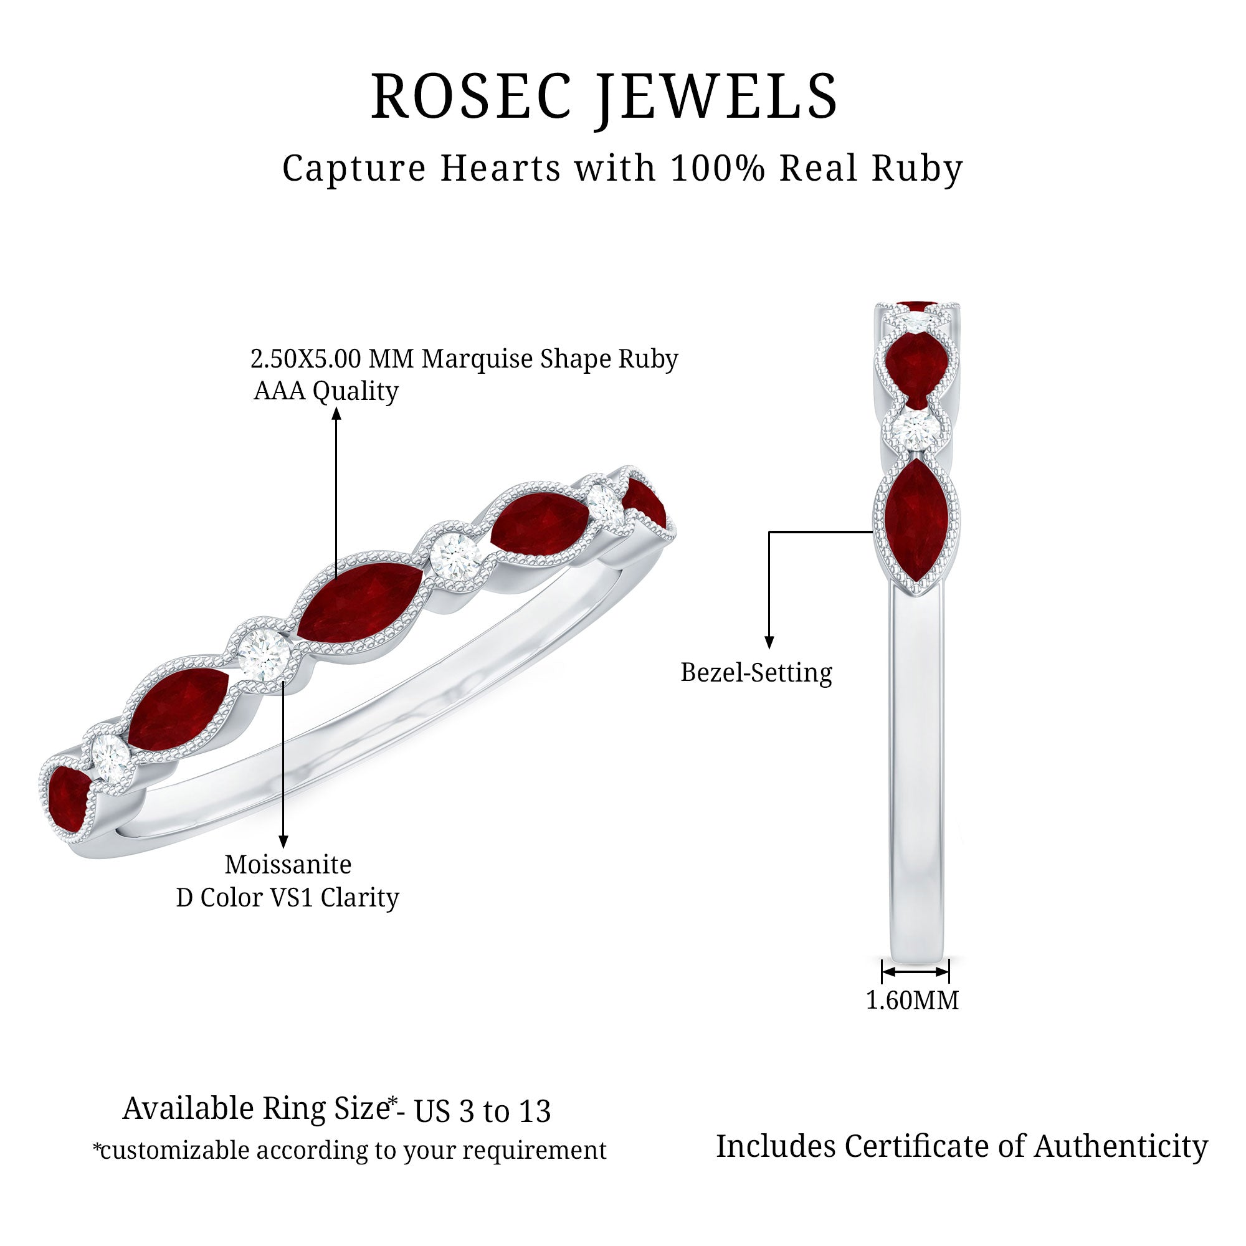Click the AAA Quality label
(326, 391)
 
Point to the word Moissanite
(288, 864)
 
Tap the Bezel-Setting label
(756, 673)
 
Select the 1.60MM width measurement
(912, 1000)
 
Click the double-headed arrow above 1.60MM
(915, 971)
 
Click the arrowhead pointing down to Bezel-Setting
(769, 642)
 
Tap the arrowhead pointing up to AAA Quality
(336, 413)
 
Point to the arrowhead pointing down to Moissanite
(283, 841)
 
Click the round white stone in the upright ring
(916, 427)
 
